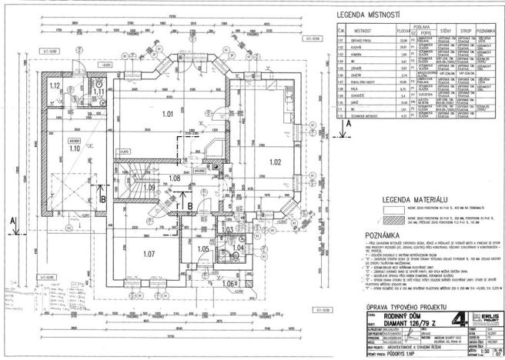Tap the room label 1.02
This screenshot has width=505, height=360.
click(x=275, y=162)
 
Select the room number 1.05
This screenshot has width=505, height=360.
click(x=203, y=248)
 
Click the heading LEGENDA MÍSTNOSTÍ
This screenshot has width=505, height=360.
click(x=368, y=16)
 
